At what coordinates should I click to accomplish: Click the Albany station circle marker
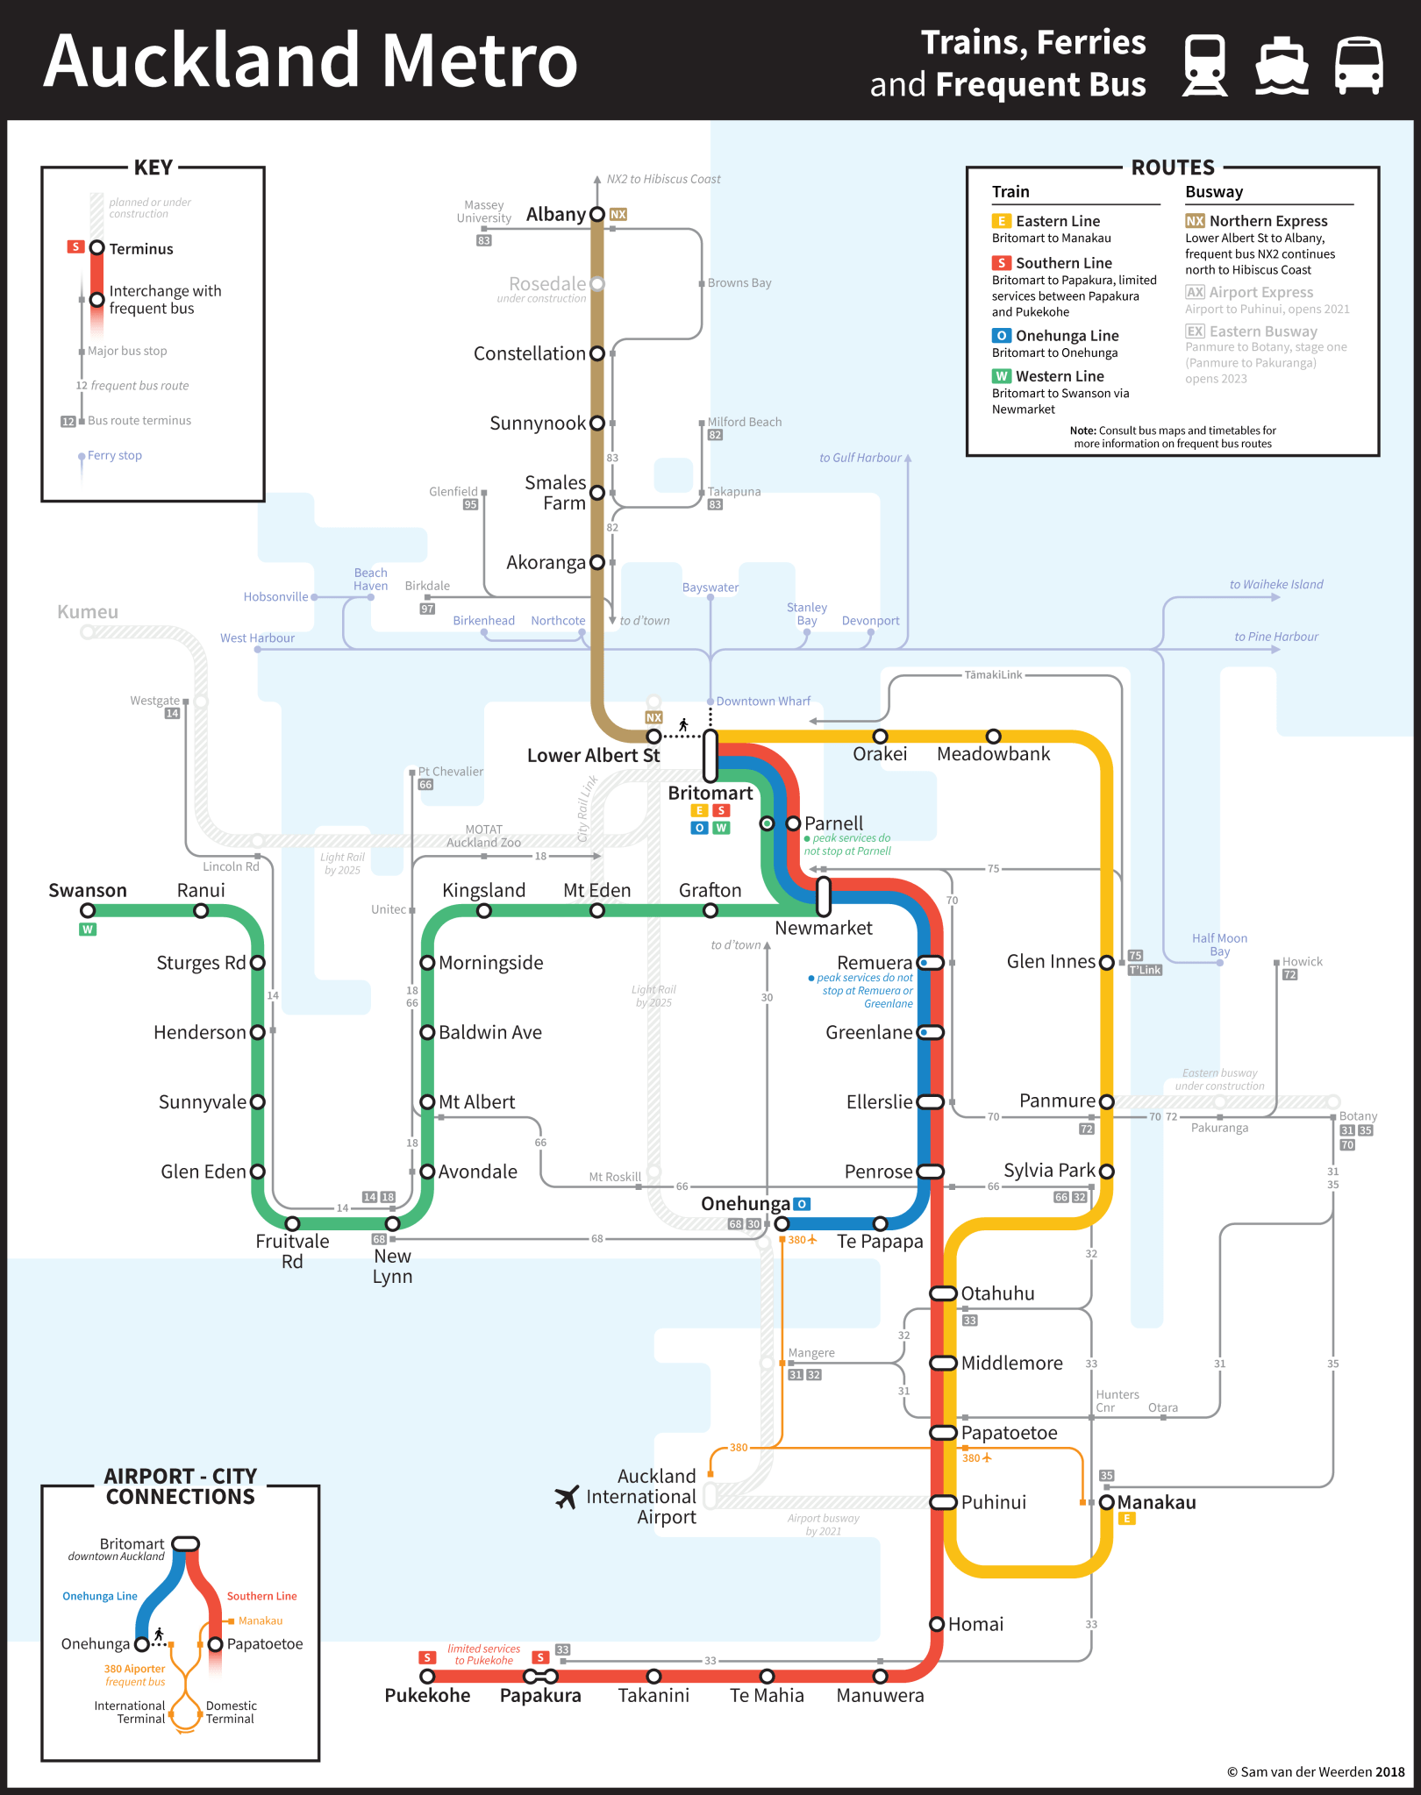pos(597,214)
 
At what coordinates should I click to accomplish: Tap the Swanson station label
pos(87,890)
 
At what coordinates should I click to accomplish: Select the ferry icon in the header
pos(1282,65)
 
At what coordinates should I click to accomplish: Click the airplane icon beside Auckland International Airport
pos(568,1496)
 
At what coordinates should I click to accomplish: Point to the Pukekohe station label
pos(427,1695)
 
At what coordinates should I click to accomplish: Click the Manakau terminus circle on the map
pos(1107,1502)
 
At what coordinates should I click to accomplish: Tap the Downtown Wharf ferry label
pos(763,701)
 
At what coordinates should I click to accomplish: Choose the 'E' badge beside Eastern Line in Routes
pos(1001,221)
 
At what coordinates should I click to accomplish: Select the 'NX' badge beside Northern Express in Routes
pos(1195,221)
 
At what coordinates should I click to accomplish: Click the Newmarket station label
pos(823,928)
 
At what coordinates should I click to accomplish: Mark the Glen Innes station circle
pos(1107,963)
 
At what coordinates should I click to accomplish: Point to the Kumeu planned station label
pos(87,611)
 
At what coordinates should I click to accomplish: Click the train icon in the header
pos(1204,65)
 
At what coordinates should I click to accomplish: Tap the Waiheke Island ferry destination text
pos(1275,584)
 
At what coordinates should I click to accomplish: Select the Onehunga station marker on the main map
pos(782,1223)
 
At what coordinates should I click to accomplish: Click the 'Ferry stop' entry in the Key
pos(114,455)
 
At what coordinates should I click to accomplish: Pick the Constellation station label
pos(529,353)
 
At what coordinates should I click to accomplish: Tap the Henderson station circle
pos(258,1032)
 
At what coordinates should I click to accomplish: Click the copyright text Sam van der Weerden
pos(1315,1771)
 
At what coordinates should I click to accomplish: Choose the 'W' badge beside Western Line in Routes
pos(1001,376)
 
